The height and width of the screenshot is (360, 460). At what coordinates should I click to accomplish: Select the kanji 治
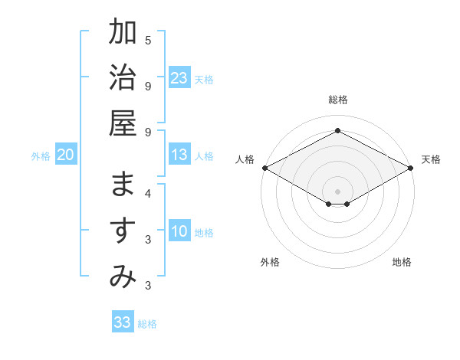(x=123, y=77)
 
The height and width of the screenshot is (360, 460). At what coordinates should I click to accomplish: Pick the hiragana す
(x=123, y=231)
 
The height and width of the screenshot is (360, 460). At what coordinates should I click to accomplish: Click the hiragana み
(x=123, y=277)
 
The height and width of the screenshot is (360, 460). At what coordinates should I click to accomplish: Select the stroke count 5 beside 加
(x=148, y=40)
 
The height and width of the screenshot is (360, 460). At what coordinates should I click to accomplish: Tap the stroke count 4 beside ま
(x=148, y=194)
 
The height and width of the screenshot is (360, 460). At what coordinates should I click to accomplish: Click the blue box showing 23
(x=179, y=78)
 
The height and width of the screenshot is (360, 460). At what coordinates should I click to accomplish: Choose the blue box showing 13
(x=179, y=155)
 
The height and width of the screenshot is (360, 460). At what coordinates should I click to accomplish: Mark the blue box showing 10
(x=179, y=231)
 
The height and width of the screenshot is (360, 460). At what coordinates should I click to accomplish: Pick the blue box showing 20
(x=65, y=155)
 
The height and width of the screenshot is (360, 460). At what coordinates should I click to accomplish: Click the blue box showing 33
(x=123, y=322)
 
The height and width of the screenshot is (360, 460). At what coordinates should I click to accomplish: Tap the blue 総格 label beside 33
(x=147, y=324)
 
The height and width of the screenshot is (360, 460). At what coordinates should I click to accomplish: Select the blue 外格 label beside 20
(x=41, y=156)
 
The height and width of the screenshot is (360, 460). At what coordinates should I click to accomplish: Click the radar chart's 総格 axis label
(x=337, y=100)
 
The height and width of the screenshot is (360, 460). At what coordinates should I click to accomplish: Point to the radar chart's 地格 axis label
(x=402, y=262)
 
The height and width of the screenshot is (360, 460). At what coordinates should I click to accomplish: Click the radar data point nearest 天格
(x=411, y=168)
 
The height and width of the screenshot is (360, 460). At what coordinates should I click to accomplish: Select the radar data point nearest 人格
(x=264, y=168)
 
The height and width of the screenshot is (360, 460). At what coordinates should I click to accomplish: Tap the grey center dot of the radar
(x=337, y=191)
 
